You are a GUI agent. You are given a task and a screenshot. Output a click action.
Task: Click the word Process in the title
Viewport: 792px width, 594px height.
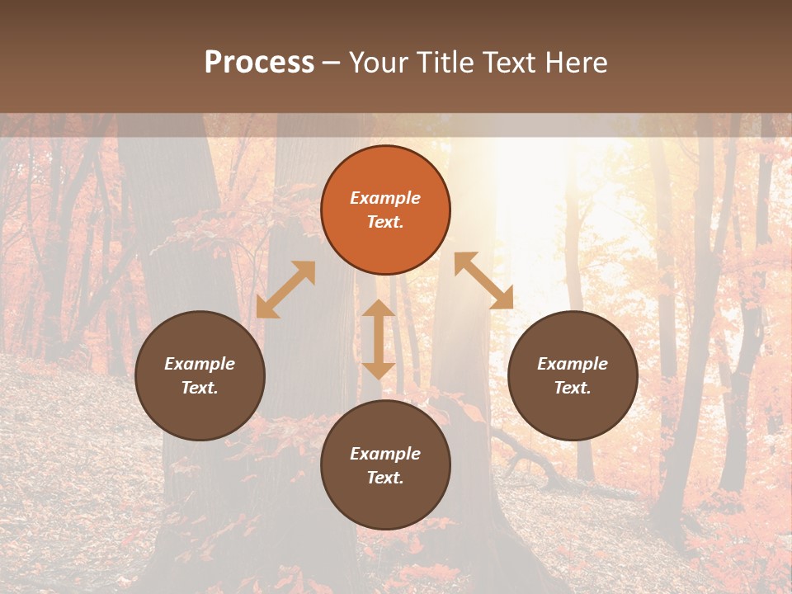pyautogui.click(x=259, y=63)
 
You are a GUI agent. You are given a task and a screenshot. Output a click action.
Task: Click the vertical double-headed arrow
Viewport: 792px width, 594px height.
pyautogui.click(x=379, y=339)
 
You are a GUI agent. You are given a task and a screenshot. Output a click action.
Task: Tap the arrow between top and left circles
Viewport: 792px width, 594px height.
pyautogui.click(x=285, y=290)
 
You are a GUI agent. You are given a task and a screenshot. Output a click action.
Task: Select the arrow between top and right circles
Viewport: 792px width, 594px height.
pyautogui.click(x=483, y=280)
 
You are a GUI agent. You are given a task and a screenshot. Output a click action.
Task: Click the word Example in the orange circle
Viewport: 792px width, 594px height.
pyautogui.click(x=385, y=198)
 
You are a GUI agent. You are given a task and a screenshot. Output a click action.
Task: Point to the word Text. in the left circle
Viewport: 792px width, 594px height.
pyautogui.click(x=200, y=388)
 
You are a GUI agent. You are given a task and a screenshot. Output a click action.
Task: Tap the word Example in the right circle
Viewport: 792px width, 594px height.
pyautogui.click(x=573, y=364)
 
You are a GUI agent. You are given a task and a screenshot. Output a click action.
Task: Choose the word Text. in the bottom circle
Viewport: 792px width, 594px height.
pyautogui.click(x=385, y=478)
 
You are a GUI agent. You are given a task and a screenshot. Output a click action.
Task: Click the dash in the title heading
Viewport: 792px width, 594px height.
pyautogui.click(x=332, y=63)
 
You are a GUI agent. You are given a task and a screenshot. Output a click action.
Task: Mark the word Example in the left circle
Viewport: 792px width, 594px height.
pyautogui.click(x=200, y=364)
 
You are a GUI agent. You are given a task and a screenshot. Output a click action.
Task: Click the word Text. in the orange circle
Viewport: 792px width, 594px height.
pyautogui.click(x=385, y=222)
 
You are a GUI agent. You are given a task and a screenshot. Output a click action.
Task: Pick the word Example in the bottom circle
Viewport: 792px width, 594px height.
pyautogui.click(x=385, y=454)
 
